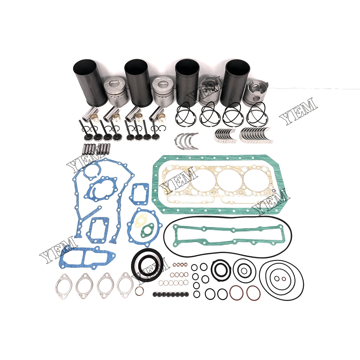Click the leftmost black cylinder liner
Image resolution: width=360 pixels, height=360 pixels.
(90, 81)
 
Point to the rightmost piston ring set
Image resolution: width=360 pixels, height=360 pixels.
(257, 115)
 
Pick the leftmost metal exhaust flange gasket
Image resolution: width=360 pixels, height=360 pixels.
(64, 286)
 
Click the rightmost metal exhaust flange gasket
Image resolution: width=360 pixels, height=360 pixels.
(125, 285)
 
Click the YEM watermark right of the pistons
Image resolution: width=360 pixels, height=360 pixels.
(298, 111)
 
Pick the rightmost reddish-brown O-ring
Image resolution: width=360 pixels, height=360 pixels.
(253, 293)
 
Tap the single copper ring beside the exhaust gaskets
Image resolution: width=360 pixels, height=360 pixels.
(139, 292)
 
